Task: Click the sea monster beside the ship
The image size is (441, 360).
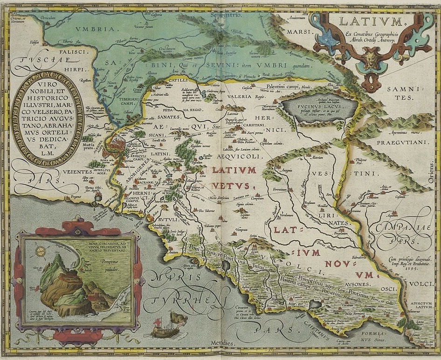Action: click(x=179, y=320)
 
